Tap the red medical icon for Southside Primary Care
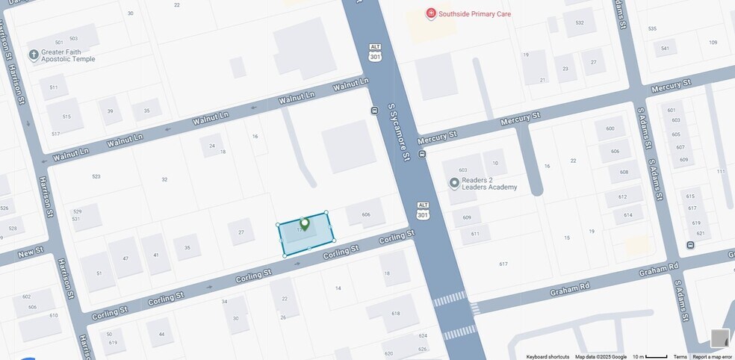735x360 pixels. coord(430,13)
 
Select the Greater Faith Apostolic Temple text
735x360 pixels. coord(68,55)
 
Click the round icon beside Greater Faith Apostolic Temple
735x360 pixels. coord(34,55)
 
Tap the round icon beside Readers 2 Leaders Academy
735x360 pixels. coord(453,182)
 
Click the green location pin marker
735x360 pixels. coord(304,223)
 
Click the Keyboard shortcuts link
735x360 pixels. coord(548,357)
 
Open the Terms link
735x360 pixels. coord(680,357)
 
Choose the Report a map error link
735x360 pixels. coord(712,357)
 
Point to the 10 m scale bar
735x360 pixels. coord(650,357)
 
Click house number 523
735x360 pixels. coord(96,176)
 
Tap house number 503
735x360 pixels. coord(73,38)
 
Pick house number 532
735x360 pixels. coord(580,22)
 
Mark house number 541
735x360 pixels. coord(665,49)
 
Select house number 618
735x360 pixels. coord(395,314)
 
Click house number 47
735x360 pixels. coord(125,258)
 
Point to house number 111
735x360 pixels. coord(721,172)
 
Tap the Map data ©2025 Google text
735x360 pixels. coord(601,357)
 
